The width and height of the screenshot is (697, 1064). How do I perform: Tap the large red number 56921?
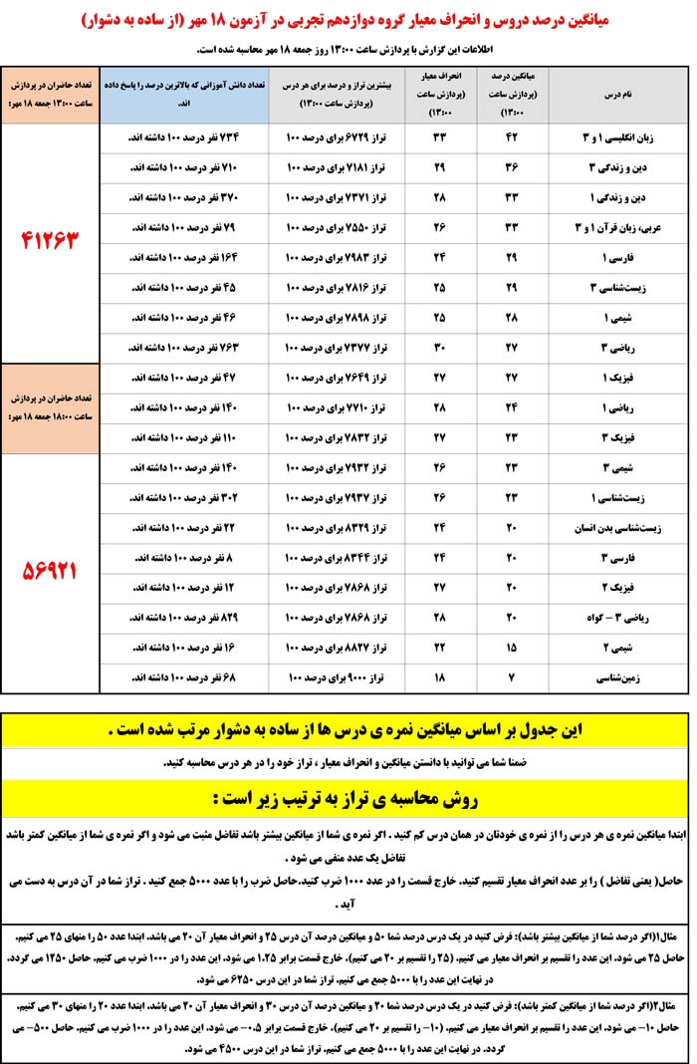(50, 571)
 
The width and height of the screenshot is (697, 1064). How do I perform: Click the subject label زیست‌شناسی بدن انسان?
(610, 526)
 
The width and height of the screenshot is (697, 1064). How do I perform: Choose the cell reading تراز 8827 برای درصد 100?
(337, 647)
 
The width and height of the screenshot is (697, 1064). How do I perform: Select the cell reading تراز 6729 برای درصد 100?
(337, 136)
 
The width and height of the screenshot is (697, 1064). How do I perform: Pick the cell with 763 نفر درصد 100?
(183, 347)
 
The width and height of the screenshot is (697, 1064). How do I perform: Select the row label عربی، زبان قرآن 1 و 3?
(610, 227)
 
